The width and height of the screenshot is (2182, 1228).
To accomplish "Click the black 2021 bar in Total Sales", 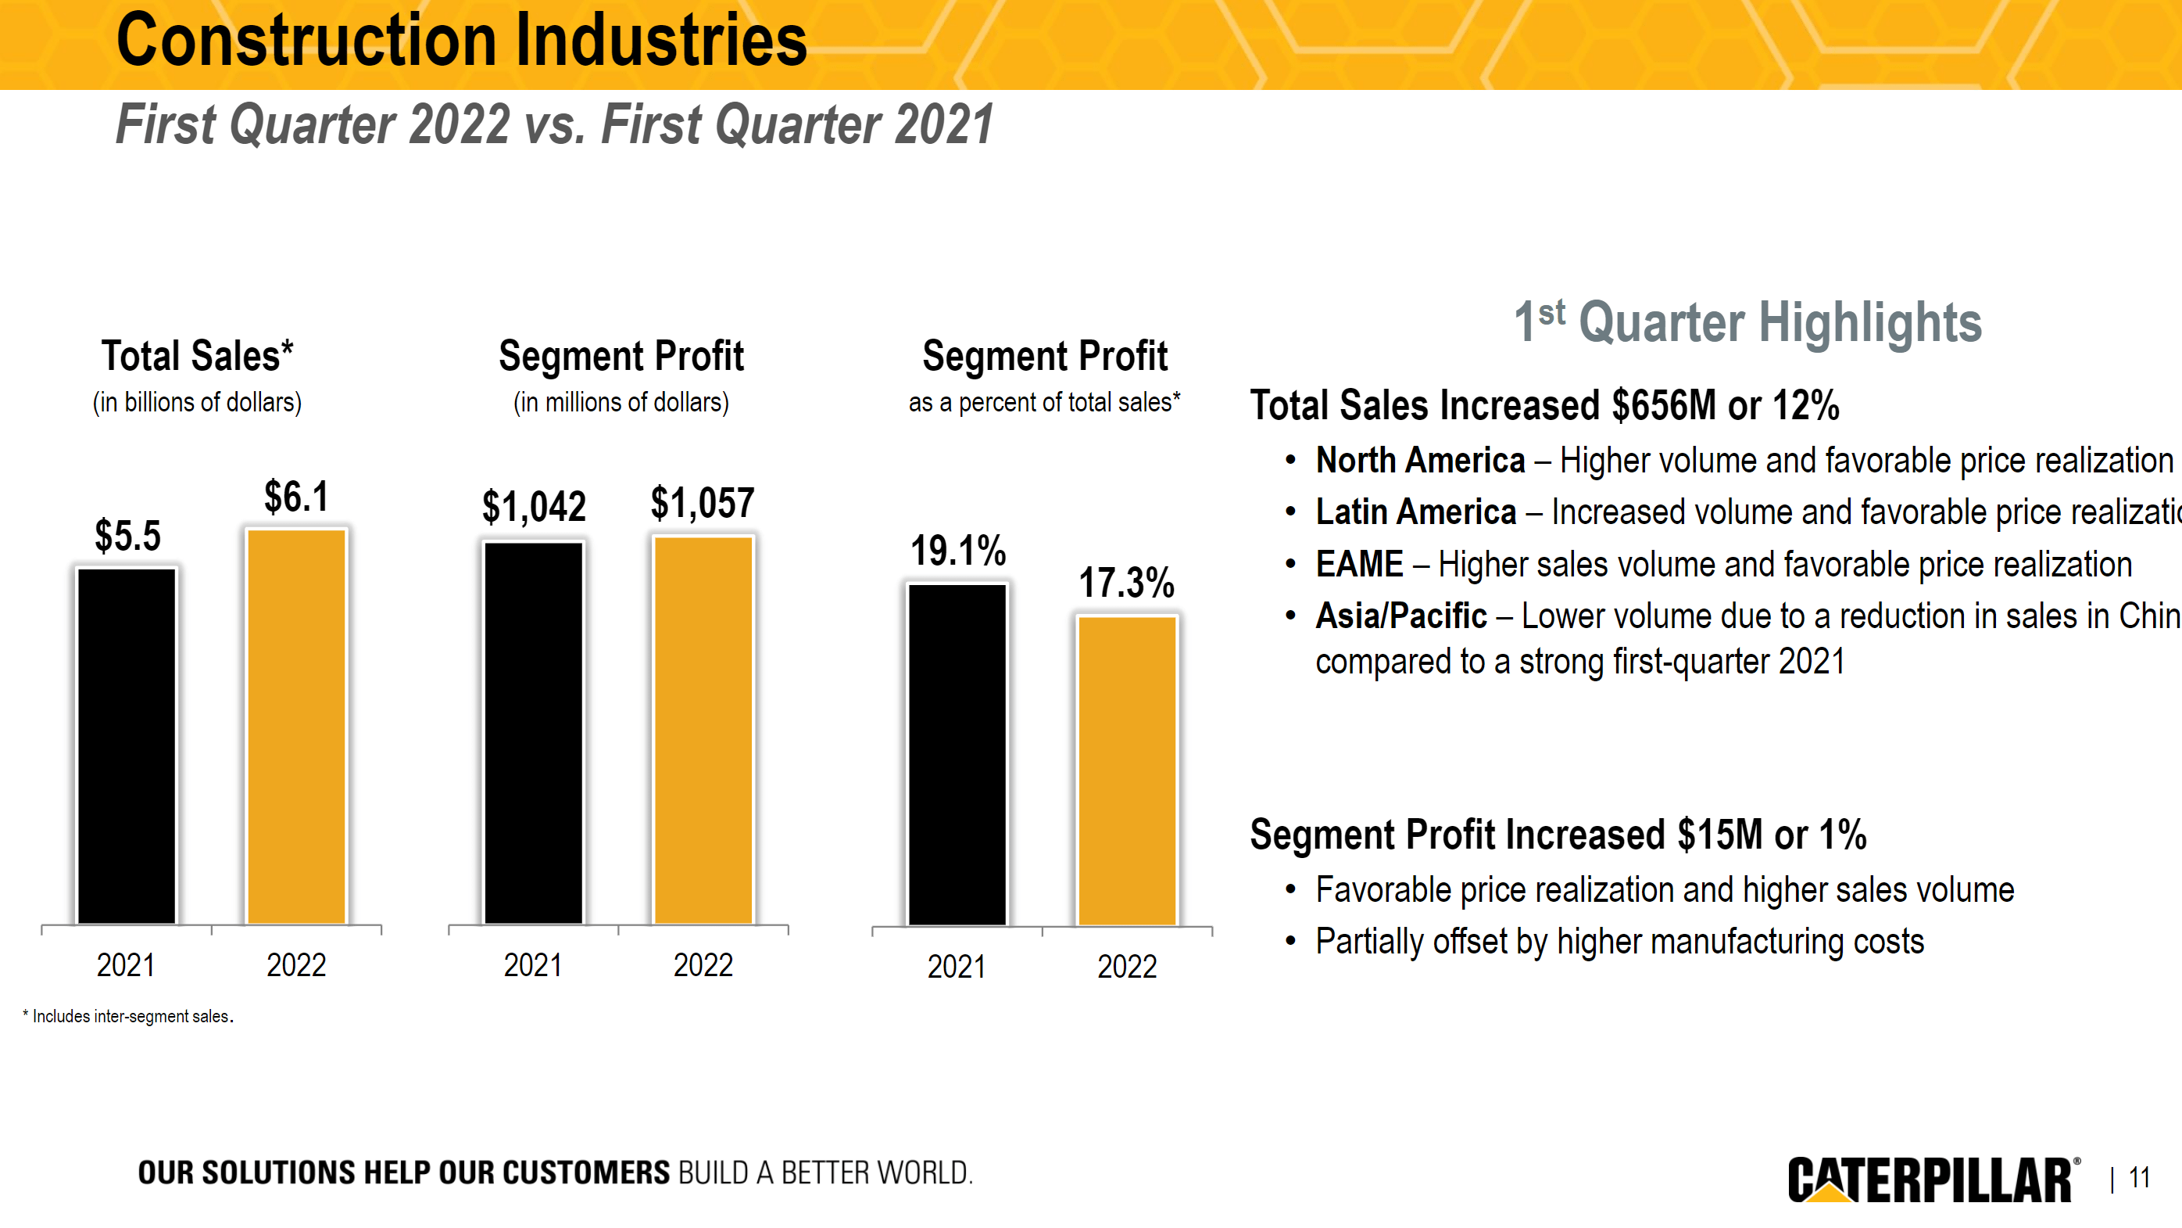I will [x=126, y=745].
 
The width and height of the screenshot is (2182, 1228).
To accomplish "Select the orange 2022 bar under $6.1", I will [x=295, y=727].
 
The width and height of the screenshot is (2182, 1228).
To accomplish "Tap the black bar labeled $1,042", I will [x=533, y=732].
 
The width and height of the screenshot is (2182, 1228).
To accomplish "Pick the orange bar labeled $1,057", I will [x=703, y=730].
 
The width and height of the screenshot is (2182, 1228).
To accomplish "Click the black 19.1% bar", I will [x=957, y=753].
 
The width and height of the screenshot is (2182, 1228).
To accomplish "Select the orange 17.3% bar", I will [x=1127, y=770].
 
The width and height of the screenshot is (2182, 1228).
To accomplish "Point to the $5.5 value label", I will [x=127, y=536].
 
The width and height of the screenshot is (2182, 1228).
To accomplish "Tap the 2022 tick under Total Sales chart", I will [x=295, y=965].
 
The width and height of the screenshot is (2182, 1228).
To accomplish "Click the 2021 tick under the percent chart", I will [x=957, y=967].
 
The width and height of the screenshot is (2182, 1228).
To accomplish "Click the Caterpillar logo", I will [x=1932, y=1179].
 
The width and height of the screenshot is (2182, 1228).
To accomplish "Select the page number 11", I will [x=2139, y=1178].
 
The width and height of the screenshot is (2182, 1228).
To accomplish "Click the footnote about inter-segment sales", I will [x=129, y=1016].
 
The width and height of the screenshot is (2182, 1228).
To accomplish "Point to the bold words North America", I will [x=1420, y=461].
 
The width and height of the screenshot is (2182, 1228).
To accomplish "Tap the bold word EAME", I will [x=1358, y=565].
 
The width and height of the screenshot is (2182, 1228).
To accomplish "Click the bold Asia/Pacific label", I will [x=1400, y=616].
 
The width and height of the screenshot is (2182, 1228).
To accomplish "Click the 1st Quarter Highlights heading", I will [x=1747, y=323].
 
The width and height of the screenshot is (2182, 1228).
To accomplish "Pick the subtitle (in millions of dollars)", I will [x=621, y=403].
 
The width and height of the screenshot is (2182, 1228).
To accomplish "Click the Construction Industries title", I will [x=462, y=41].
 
